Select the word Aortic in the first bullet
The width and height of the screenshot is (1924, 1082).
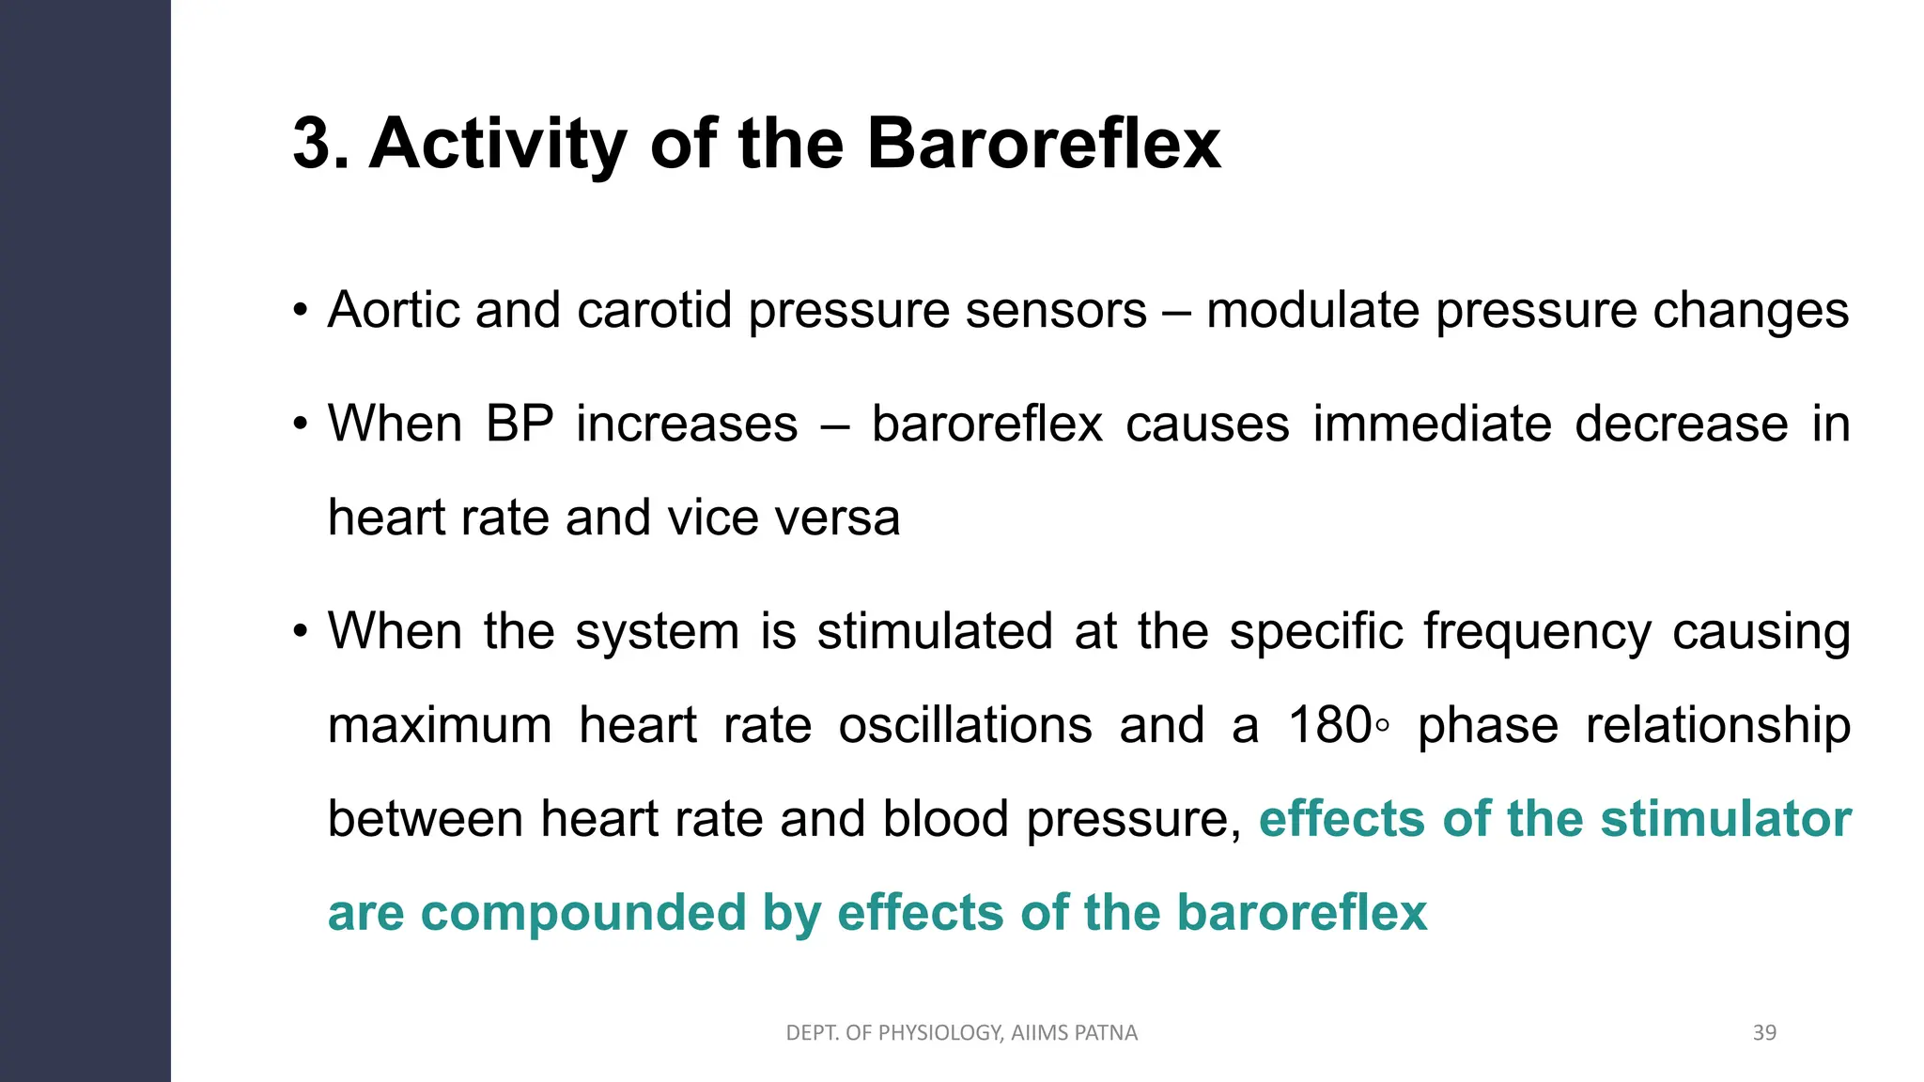(x=394, y=310)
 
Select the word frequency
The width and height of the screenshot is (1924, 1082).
(x=1537, y=630)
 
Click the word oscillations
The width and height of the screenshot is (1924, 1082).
(x=965, y=725)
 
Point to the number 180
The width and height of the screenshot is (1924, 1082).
(x=1329, y=725)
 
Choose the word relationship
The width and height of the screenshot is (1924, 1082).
(x=1717, y=725)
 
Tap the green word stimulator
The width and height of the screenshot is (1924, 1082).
(x=1726, y=819)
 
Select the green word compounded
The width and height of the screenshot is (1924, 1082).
(x=582, y=913)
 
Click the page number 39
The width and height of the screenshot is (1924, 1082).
(x=1764, y=1033)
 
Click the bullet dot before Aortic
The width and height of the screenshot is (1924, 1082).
(x=300, y=310)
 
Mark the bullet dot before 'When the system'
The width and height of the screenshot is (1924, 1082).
(x=300, y=630)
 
